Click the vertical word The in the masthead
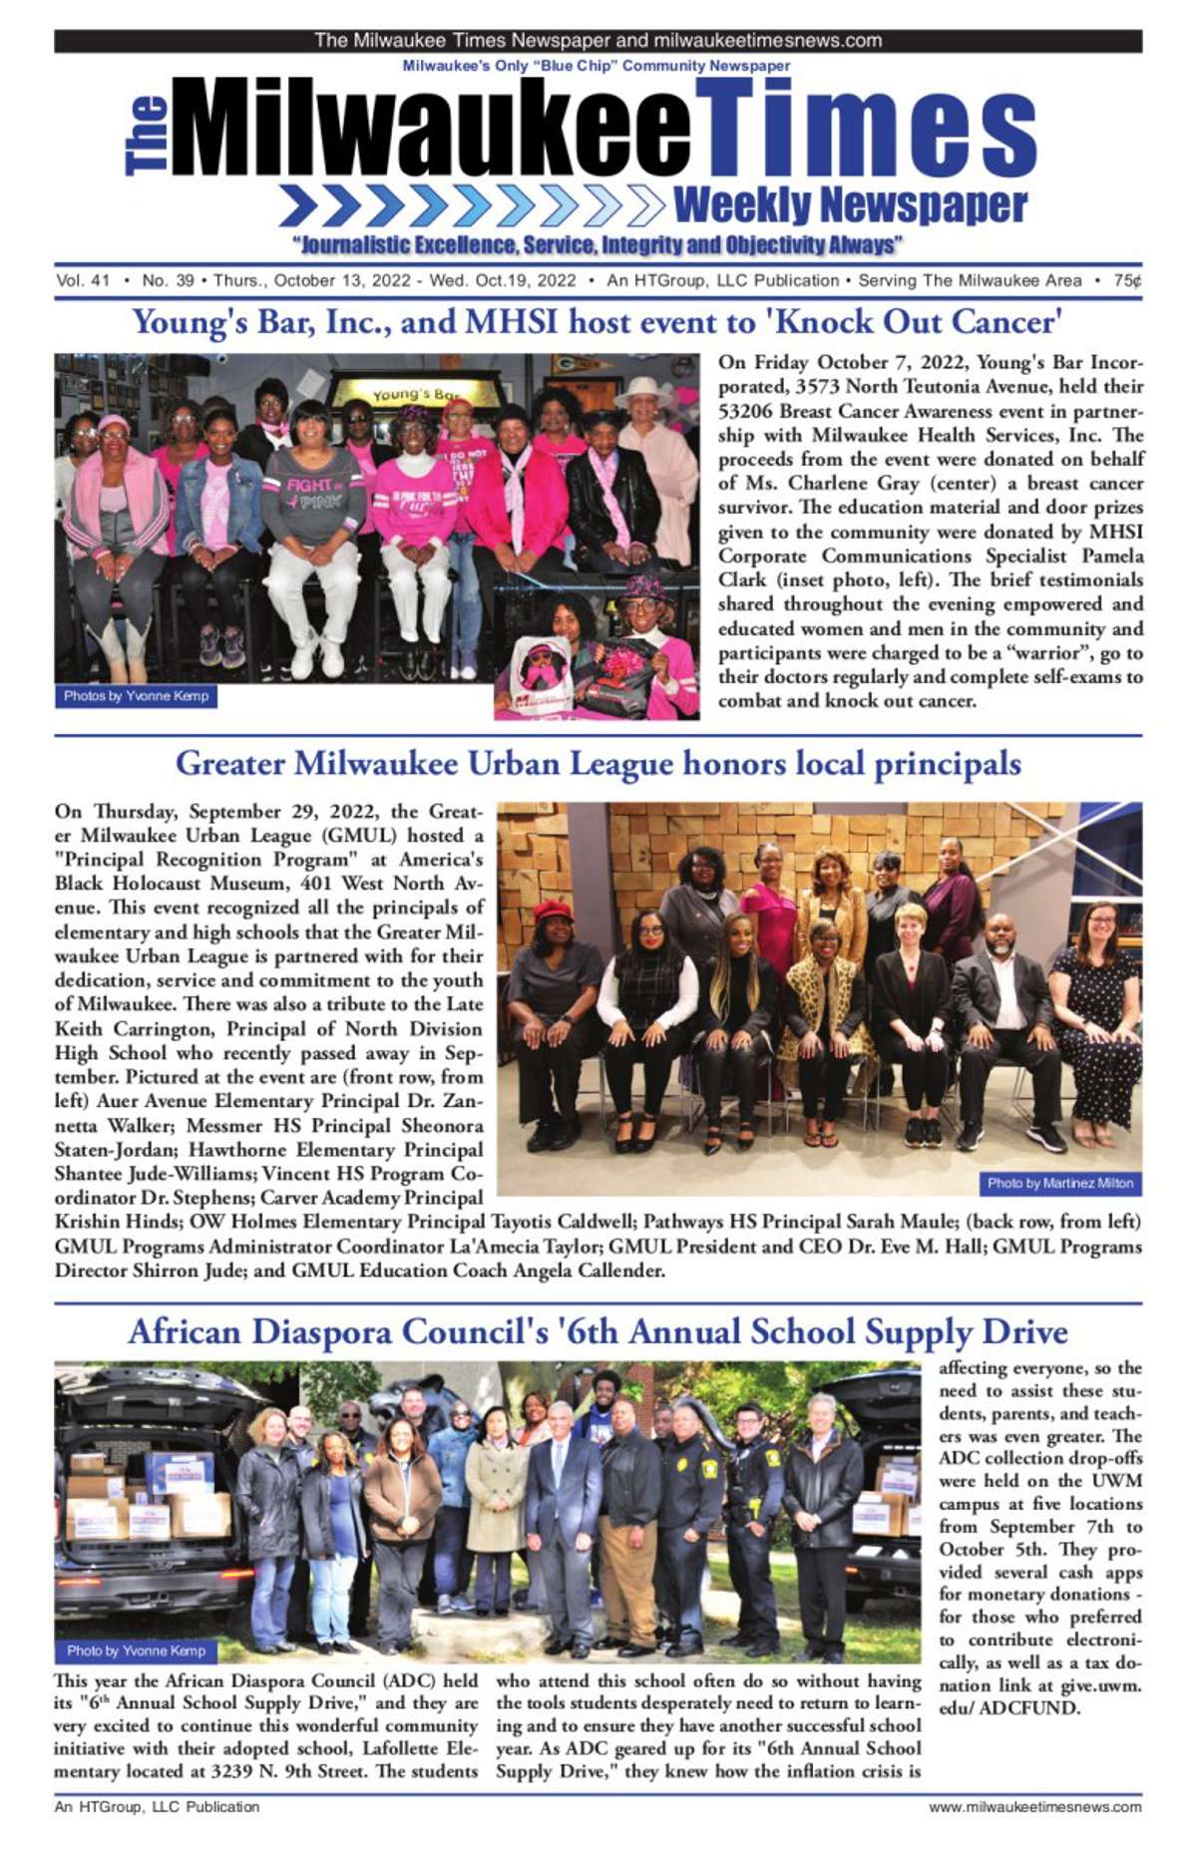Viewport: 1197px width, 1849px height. (148, 136)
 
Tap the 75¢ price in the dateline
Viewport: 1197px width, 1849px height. (1128, 281)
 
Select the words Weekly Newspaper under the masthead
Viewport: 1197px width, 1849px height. (850, 205)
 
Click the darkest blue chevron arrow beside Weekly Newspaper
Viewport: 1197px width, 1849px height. (298, 205)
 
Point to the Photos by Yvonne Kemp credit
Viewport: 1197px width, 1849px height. (136, 696)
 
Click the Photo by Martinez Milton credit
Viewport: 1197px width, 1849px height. (1059, 1183)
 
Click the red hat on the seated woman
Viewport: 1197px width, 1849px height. (553, 910)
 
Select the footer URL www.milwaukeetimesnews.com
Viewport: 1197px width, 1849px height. (1034, 1806)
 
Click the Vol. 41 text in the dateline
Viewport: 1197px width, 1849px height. (83, 281)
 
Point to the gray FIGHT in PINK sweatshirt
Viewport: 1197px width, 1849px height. (313, 499)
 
